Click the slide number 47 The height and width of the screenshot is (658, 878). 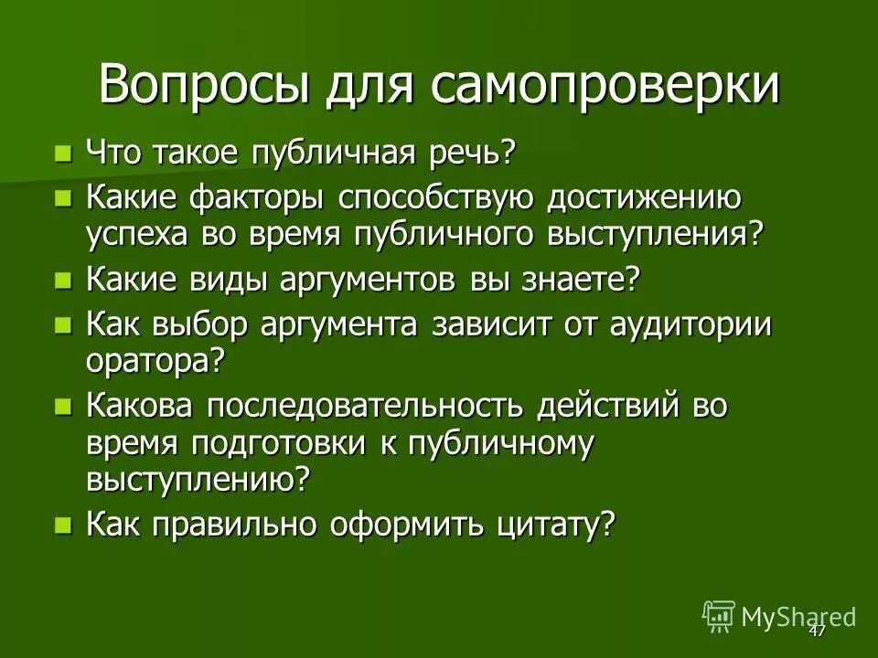tap(817, 631)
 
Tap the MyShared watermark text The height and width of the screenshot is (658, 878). tap(798, 616)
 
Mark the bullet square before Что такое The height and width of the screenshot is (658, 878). tap(63, 152)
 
